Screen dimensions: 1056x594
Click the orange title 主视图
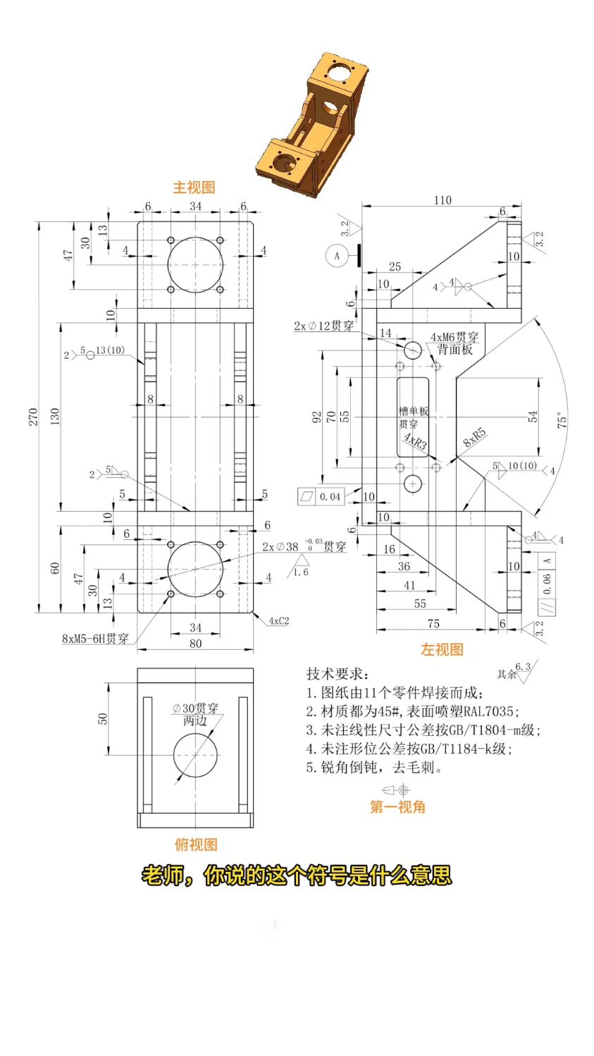tap(194, 188)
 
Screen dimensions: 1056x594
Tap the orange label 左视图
tap(442, 649)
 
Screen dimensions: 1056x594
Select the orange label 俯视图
tap(196, 845)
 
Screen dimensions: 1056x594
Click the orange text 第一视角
tap(397, 807)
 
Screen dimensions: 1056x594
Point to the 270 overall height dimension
tap(33, 417)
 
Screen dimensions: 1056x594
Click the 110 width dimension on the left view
tap(443, 200)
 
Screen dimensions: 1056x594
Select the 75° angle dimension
tap(562, 422)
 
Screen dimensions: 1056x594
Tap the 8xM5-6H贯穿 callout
tap(95, 639)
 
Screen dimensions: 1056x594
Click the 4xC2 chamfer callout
tap(278, 621)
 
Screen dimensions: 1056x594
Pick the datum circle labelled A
tap(337, 255)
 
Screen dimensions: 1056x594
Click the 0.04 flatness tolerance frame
tap(321, 496)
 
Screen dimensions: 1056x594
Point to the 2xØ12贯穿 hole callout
tap(323, 326)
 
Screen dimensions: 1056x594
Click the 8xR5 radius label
tap(474, 438)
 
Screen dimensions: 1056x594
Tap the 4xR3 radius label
tap(414, 442)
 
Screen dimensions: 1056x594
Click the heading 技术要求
tap(337, 674)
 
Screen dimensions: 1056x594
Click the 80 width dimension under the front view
tap(195, 643)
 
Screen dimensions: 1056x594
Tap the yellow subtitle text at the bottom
tap(297, 876)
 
